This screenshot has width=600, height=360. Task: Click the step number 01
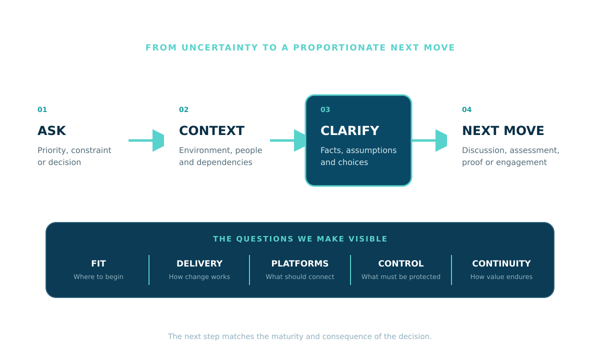click(x=42, y=109)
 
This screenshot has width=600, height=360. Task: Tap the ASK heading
click(x=51, y=130)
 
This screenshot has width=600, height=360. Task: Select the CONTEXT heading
click(x=211, y=130)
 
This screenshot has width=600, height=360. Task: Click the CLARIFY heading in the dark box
click(x=350, y=130)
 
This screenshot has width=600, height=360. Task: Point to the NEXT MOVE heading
click(x=503, y=130)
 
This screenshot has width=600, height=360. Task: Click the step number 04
click(x=466, y=109)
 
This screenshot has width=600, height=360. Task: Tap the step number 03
click(x=325, y=109)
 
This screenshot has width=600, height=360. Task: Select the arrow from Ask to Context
click(x=146, y=140)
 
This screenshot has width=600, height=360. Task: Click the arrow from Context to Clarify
click(x=287, y=140)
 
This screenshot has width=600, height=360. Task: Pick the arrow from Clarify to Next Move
click(x=429, y=140)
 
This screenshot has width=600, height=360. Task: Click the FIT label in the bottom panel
click(x=98, y=263)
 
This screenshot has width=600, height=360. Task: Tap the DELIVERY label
click(x=199, y=263)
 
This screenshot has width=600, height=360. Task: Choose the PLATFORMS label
click(x=300, y=263)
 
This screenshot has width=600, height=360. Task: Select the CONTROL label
click(x=401, y=263)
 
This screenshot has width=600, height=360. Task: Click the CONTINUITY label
click(x=501, y=263)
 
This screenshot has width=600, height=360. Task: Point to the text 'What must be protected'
click(x=401, y=276)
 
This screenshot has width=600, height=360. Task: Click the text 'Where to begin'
click(x=98, y=276)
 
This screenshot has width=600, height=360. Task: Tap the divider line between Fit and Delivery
click(x=149, y=270)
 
